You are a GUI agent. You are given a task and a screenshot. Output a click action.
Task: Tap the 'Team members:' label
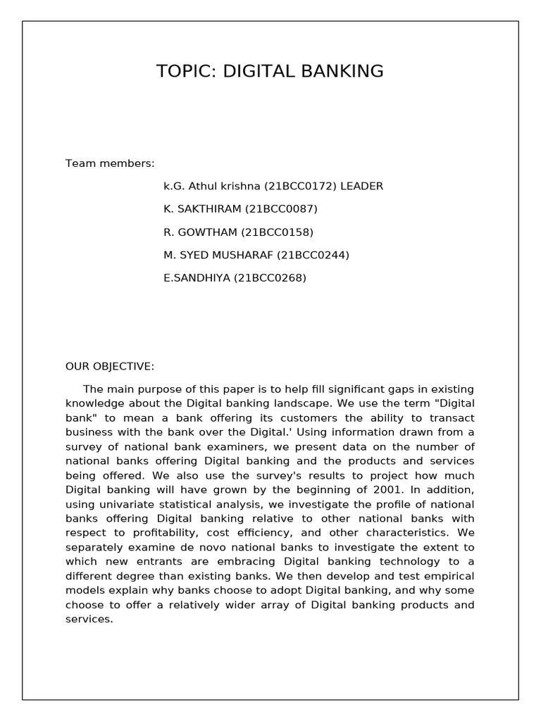pos(110,163)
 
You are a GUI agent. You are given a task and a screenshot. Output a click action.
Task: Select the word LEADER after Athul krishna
pos(361,187)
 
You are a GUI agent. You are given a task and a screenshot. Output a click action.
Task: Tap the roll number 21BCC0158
pos(277,232)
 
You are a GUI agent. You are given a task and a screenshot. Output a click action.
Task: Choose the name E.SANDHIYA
pos(197,277)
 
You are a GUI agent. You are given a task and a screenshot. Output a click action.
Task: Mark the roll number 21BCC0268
pos(270,277)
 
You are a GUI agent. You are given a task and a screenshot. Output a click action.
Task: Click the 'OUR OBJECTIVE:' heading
pos(110,366)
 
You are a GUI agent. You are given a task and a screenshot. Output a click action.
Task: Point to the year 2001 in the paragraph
pos(404,489)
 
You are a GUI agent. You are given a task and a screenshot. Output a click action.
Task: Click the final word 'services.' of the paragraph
pos(89,620)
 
